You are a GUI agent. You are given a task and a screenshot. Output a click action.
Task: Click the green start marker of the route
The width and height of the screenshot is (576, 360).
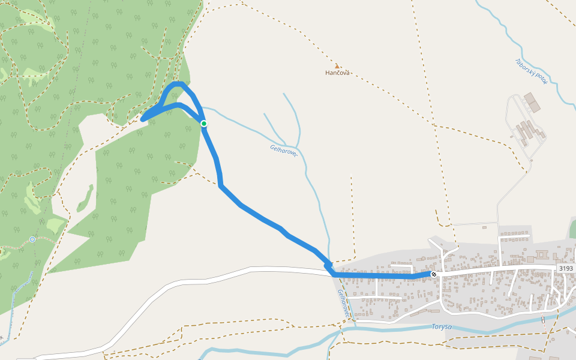click(204, 124)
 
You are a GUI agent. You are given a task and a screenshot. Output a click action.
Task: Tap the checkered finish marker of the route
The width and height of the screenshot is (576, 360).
click(434, 274)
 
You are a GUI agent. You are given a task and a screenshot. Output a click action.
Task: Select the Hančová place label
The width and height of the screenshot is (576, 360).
click(337, 73)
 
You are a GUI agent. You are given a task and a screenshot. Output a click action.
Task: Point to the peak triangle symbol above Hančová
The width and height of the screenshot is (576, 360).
click(337, 66)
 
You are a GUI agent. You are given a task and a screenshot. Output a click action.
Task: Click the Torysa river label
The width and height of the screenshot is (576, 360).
click(441, 327)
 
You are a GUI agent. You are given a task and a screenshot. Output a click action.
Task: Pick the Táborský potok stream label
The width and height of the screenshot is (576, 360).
click(531, 71)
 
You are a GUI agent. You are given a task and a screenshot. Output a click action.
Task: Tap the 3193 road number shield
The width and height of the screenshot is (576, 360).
click(565, 268)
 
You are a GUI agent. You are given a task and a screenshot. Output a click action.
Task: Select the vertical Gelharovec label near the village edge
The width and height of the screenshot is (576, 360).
click(343, 303)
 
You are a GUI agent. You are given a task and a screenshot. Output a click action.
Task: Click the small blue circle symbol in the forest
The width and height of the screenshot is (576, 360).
click(32, 239)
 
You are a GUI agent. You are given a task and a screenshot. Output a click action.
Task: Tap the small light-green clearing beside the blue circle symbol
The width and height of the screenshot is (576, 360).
click(55, 225)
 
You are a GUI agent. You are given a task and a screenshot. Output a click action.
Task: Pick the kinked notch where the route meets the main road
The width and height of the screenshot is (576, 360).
click(328, 265)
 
